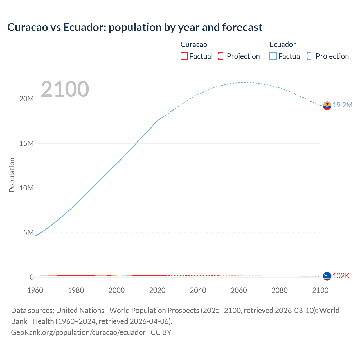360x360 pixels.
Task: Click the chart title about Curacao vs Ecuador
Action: tap(135, 27)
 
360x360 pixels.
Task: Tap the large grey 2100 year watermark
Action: tap(65, 89)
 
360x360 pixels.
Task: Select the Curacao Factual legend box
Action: tap(184, 56)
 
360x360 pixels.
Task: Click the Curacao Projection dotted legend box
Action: tap(222, 56)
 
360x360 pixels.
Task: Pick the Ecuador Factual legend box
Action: tap(273, 56)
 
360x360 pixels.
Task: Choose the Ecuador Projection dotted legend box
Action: tap(311, 56)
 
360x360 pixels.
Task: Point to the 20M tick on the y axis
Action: tap(26, 99)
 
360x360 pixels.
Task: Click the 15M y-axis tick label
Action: tap(26, 143)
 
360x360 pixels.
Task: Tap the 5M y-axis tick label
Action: tap(28, 233)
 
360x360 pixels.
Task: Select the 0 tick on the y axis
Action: tap(31, 277)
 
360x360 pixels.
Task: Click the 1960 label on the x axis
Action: tap(35, 290)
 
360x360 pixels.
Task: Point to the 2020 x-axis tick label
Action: tap(157, 290)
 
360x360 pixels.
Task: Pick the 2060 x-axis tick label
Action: tap(239, 290)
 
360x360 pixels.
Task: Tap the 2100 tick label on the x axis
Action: tap(320, 290)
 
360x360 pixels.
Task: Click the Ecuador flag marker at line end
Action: tap(327, 105)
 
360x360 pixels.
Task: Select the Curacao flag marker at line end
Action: tap(327, 276)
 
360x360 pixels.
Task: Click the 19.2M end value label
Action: tap(343, 105)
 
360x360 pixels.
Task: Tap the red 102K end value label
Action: tap(341, 276)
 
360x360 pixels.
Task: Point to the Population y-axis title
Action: tap(12, 175)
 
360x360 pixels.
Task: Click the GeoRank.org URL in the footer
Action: tap(78, 332)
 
